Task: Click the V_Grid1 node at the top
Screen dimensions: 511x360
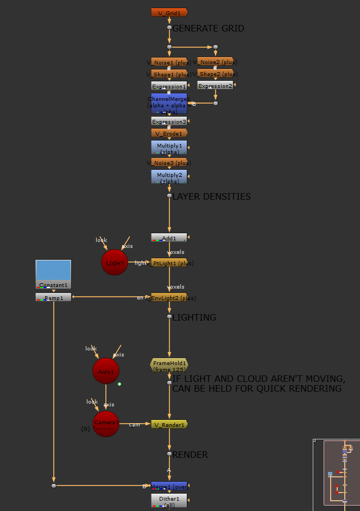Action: coord(169,12)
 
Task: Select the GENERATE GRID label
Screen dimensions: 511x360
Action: coord(208,28)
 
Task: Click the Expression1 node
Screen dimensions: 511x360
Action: coord(169,86)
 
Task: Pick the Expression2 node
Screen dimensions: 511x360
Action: coord(215,86)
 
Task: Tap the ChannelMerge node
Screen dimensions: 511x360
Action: coord(169,103)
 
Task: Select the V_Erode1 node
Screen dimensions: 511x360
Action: coord(169,133)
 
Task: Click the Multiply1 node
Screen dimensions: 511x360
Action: coord(169,147)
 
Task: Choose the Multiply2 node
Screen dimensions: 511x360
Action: coord(169,176)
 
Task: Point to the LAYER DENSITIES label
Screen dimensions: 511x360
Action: coord(211,196)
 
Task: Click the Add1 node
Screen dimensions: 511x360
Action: coord(169,238)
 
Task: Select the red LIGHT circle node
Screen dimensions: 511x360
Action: coord(115,263)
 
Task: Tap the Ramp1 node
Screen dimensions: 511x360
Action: coord(53,297)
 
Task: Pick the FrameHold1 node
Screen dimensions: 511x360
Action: coord(169,365)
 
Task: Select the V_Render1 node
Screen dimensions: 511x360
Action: coord(169,424)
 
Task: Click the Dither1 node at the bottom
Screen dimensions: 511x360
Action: coord(169,500)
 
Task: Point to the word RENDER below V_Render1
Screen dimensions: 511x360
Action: coord(190,455)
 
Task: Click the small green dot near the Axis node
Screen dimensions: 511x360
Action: coord(119,384)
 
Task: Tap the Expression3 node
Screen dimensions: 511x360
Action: coord(169,122)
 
